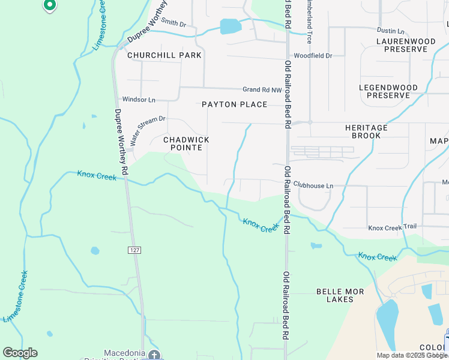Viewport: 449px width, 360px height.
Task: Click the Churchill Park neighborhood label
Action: [164, 55]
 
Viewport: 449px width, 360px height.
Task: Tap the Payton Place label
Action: [234, 104]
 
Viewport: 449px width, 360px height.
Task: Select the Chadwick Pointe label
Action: [186, 143]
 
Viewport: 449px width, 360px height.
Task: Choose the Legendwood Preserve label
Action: [388, 91]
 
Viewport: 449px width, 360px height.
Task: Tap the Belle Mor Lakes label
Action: [340, 296]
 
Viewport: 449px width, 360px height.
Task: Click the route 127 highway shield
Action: [133, 248]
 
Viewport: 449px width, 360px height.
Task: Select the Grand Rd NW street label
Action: [262, 89]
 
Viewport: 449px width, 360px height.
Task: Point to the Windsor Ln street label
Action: [139, 99]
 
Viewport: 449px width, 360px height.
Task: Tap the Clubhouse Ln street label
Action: [313, 186]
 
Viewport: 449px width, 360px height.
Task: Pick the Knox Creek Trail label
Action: [392, 227]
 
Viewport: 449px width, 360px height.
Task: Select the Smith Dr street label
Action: [174, 23]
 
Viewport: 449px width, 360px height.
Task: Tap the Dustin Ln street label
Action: [391, 31]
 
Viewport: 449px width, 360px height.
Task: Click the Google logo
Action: [20, 353]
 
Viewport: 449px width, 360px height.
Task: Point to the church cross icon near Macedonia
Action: [154, 355]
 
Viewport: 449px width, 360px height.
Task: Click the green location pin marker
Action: [50, 5]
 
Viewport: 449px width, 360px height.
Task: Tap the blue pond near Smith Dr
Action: [231, 26]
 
